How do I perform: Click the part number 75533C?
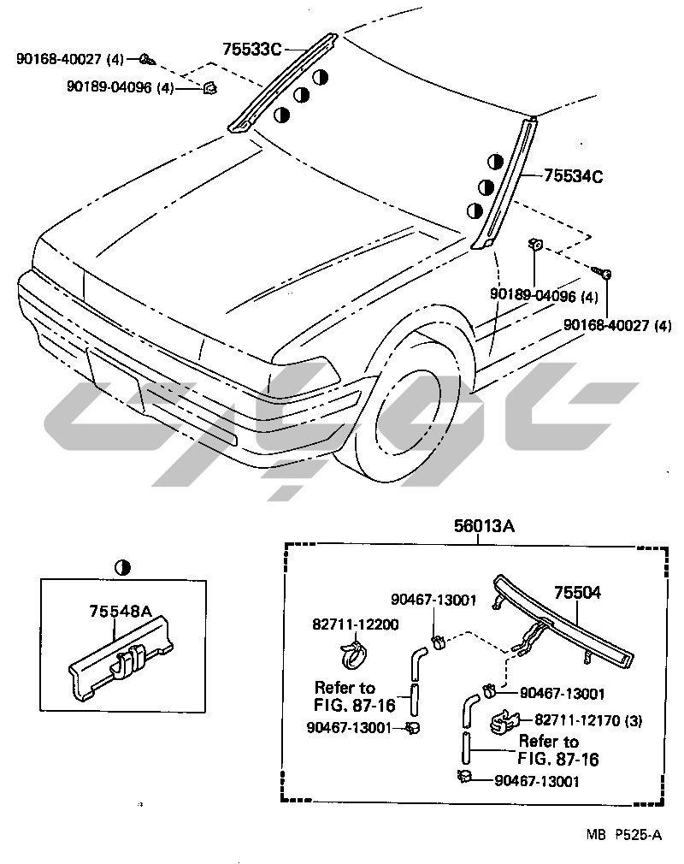[x=252, y=49]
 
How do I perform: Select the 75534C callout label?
[x=574, y=177]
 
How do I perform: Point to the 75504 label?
[x=577, y=591]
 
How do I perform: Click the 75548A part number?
[x=121, y=611]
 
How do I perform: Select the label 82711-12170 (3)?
[x=588, y=720]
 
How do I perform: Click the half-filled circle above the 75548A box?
[x=124, y=566]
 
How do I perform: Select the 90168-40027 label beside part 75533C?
[x=70, y=59]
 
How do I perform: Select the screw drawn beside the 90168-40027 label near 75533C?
[x=147, y=60]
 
